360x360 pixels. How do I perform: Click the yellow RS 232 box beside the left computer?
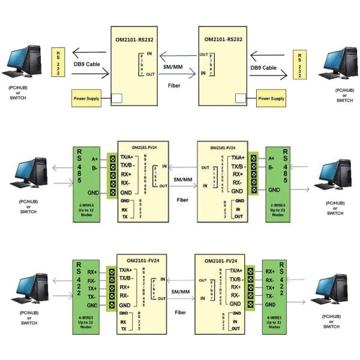pyautogui.click(x=58, y=62)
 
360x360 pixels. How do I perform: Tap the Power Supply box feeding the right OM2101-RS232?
pyautogui.click(x=271, y=98)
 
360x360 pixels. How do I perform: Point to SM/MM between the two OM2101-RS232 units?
pyautogui.click(x=173, y=66)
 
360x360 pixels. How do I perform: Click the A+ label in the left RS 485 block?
pyautogui.click(x=94, y=159)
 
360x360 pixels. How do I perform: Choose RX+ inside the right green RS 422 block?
pyautogui.click(x=271, y=271)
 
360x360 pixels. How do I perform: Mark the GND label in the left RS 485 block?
pyautogui.click(x=93, y=192)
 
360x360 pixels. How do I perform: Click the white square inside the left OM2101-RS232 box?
pyautogui.click(x=118, y=98)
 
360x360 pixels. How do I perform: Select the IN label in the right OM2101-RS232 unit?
pyautogui.click(x=203, y=73)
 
